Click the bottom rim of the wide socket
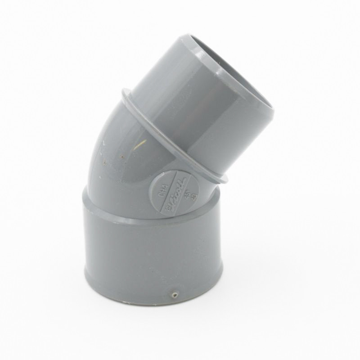153,297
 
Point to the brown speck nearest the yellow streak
121,157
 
